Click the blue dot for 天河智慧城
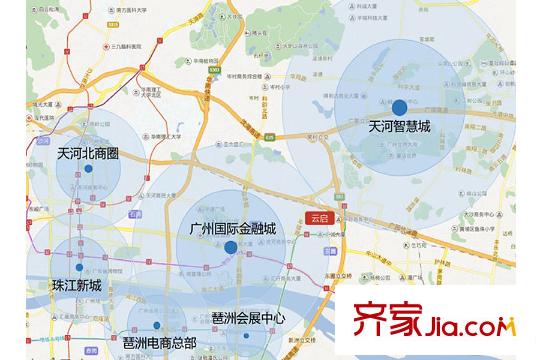[399, 108]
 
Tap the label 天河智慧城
[399, 127]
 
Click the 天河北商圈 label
[88, 154]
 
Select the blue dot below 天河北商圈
[88, 169]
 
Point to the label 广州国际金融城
[232, 228]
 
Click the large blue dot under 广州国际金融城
[231, 246]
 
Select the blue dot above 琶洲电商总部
[159, 326]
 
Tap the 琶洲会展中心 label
[249, 318]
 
